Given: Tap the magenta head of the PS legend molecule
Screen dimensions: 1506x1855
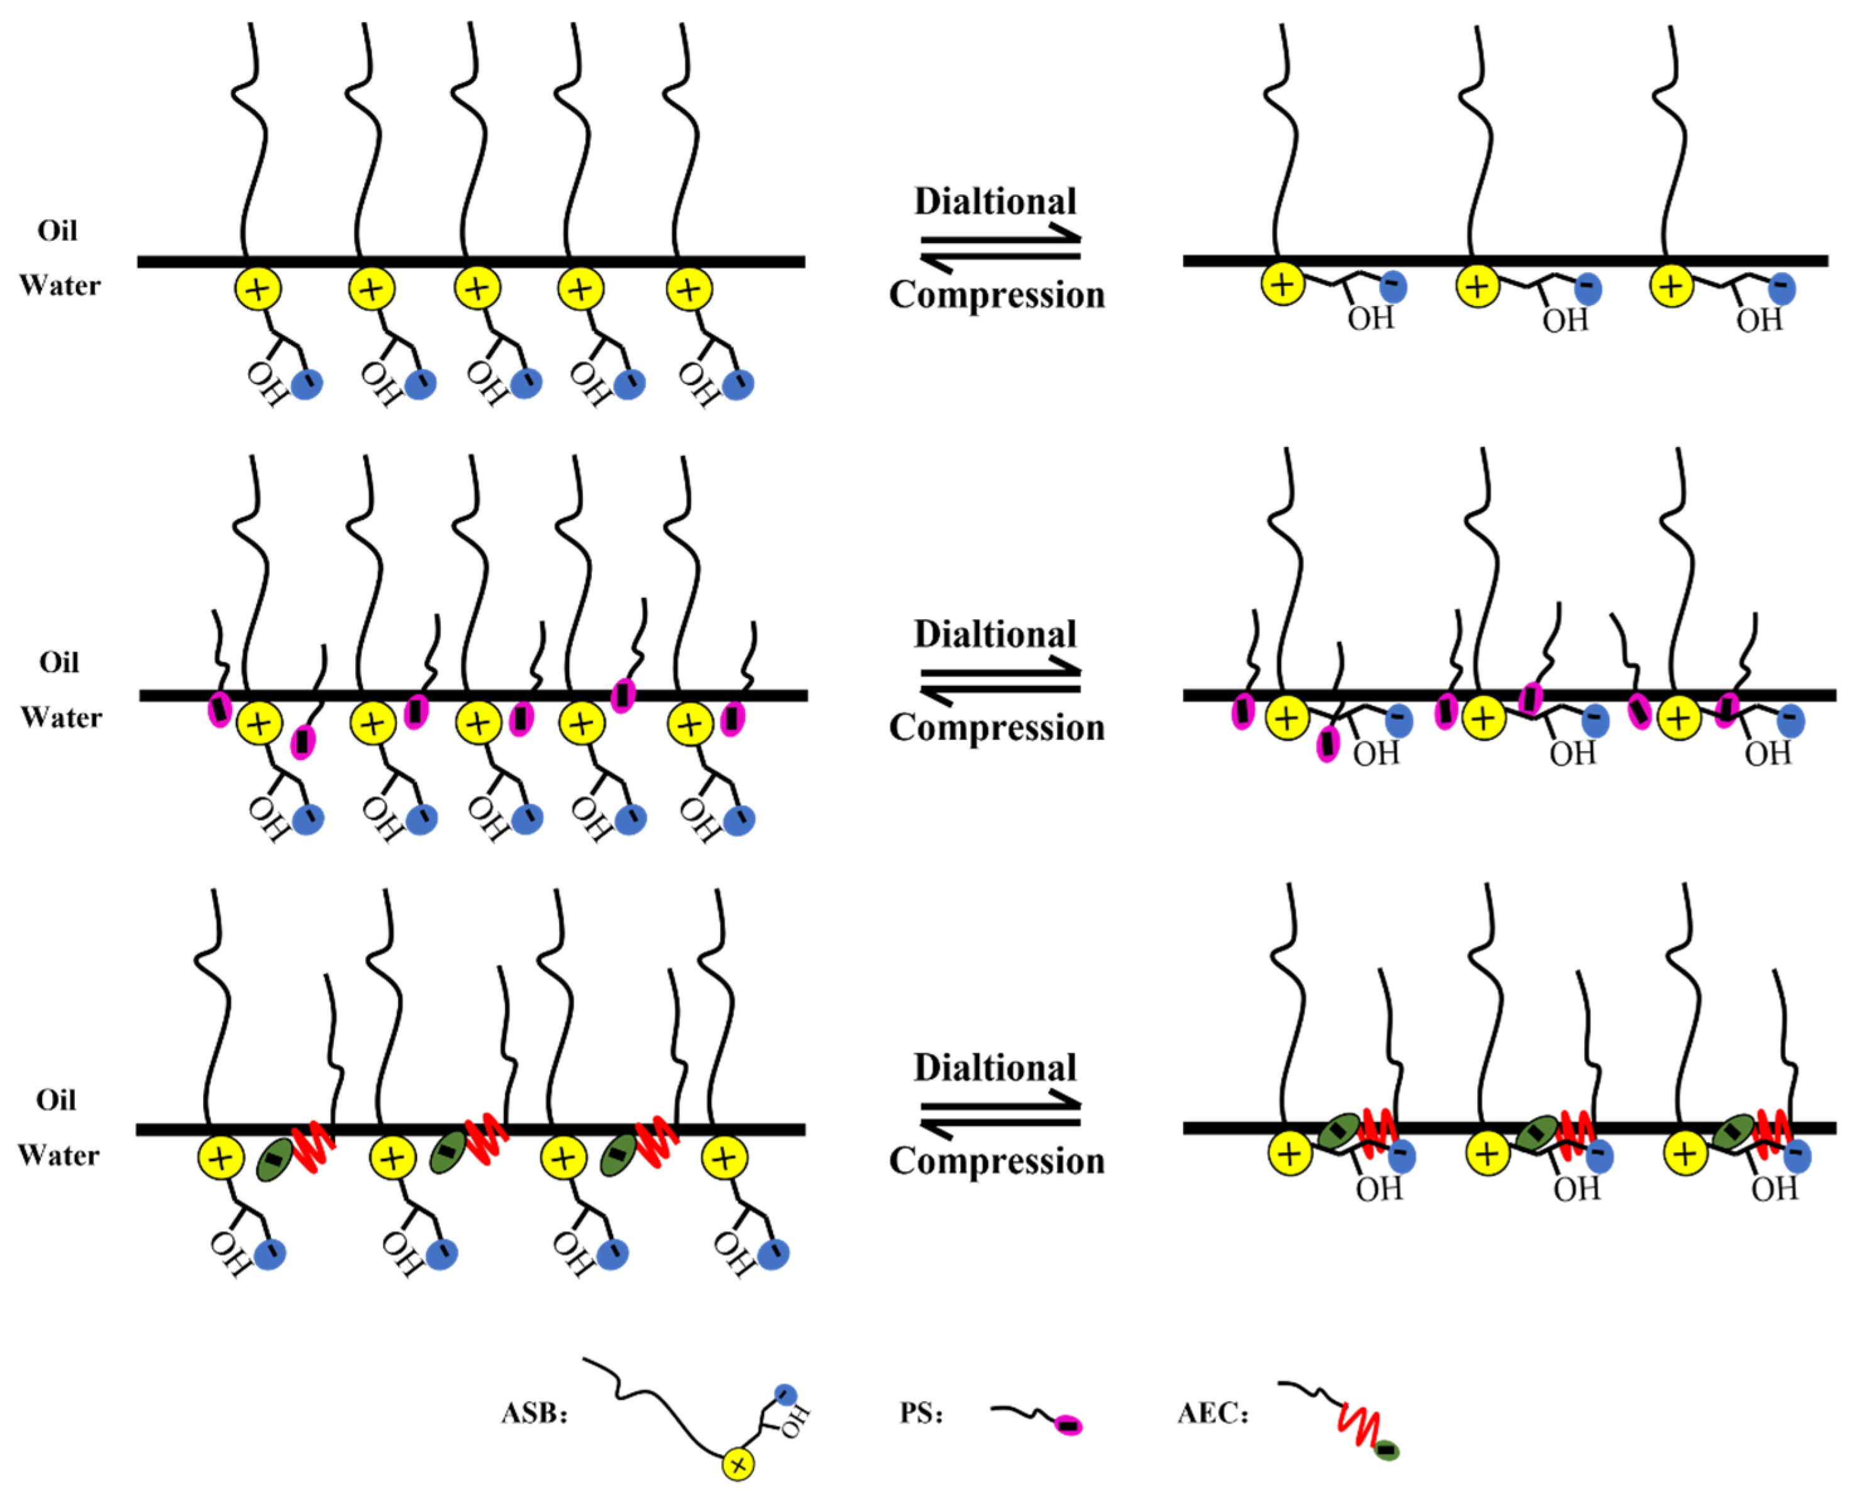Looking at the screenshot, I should click(x=1068, y=1426).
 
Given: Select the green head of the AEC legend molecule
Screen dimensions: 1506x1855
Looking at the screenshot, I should click(x=1387, y=1449).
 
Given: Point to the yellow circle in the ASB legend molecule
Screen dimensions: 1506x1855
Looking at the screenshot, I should click(x=738, y=1465).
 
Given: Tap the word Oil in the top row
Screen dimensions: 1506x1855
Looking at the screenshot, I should click(x=57, y=231).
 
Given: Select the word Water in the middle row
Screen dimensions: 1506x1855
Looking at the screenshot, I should click(x=61, y=717).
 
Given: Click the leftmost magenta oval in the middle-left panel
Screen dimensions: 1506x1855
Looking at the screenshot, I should click(x=219, y=710).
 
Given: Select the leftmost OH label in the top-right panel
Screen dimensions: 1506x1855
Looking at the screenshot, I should click(x=1371, y=319).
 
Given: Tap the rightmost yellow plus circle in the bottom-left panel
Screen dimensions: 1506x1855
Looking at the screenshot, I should click(x=724, y=1158).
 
